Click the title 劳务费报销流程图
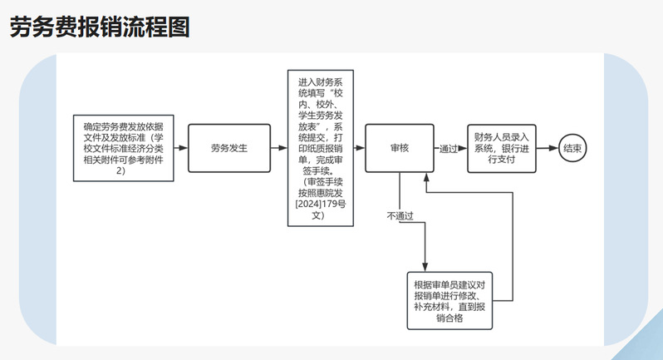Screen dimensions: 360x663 tap(100, 27)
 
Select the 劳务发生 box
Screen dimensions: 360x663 tap(229, 148)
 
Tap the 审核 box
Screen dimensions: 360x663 tap(400, 148)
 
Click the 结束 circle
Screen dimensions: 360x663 tap(572, 148)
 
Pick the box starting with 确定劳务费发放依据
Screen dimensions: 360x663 tap(122, 148)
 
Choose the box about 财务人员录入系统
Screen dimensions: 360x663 tap(501, 148)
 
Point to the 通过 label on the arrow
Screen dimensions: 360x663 tap(449, 149)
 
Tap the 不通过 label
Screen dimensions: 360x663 tap(400, 216)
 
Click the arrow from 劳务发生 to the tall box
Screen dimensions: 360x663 tap(279, 148)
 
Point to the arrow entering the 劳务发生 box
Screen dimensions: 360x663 tap(182, 148)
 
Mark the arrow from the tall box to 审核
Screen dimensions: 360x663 tap(360, 148)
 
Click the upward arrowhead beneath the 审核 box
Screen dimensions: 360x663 tap(426, 176)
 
